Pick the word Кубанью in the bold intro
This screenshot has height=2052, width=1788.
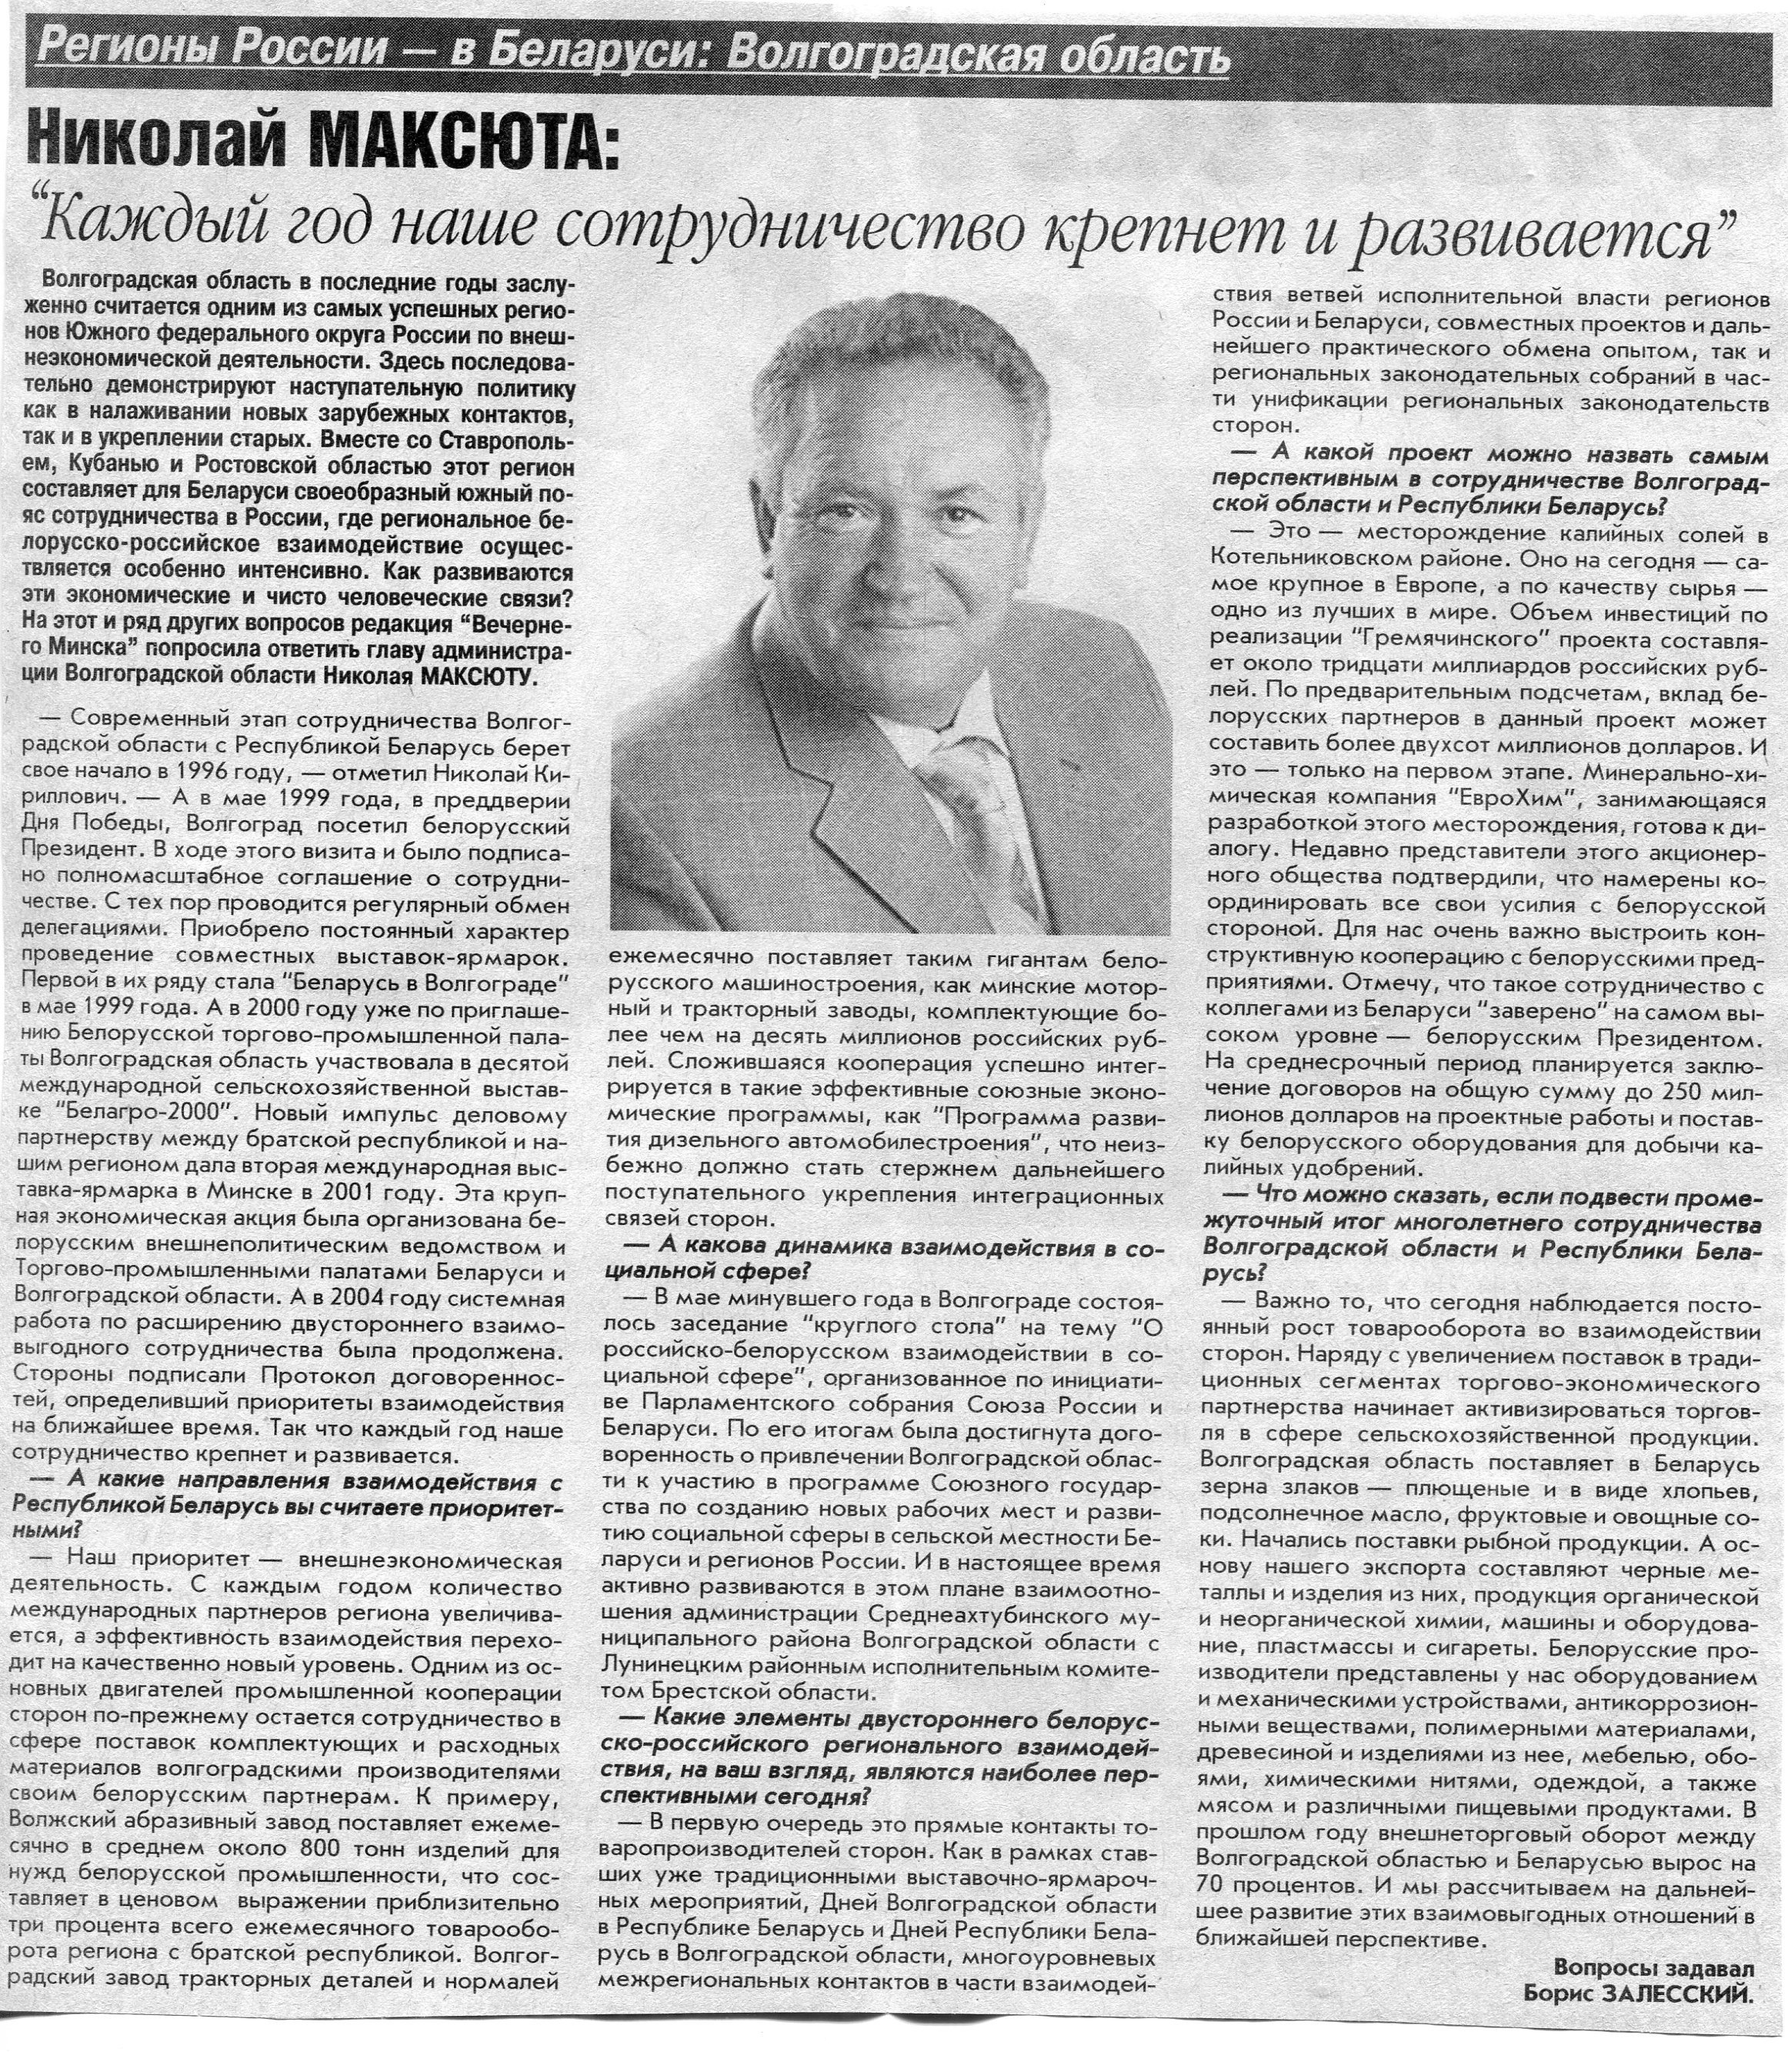coord(128,465)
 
